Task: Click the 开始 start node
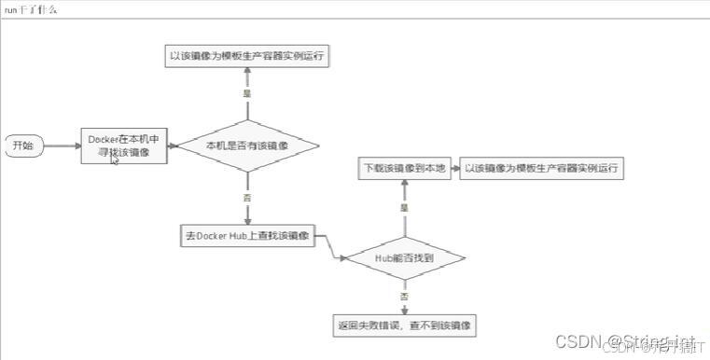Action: pos(24,145)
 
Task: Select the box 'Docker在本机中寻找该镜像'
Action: pos(123,145)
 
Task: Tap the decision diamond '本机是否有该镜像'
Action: pos(247,145)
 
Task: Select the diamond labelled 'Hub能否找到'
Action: pos(404,256)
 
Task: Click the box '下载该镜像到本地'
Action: pos(404,170)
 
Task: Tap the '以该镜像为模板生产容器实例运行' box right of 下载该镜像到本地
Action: pos(541,170)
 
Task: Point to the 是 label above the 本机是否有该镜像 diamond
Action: pos(247,93)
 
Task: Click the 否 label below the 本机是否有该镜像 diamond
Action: pos(247,198)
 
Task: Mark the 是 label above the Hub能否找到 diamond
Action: pos(404,208)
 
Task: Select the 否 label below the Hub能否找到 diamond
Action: pos(404,296)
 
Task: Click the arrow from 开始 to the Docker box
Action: pos(62,145)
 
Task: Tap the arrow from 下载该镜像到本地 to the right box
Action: pos(452,170)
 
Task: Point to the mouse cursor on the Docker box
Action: pos(115,159)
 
